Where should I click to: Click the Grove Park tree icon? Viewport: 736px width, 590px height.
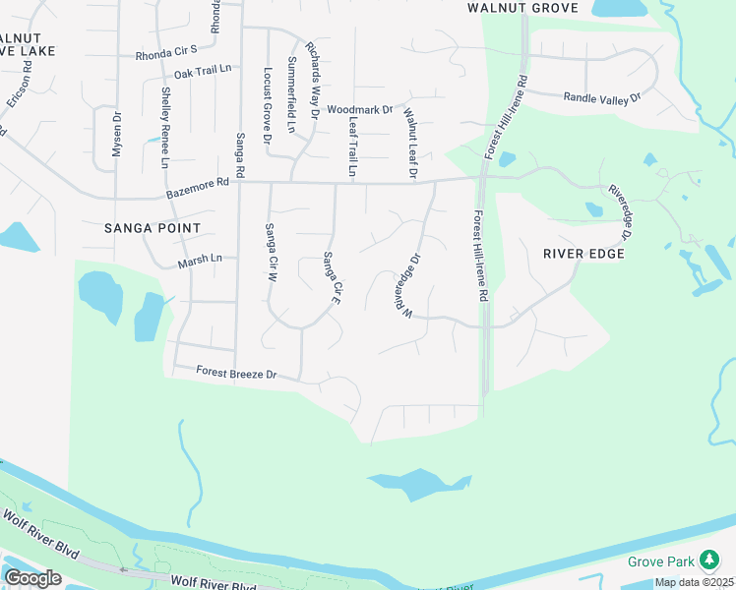708,561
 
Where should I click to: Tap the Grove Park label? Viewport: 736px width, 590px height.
661,562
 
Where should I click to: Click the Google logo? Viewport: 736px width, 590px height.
33,578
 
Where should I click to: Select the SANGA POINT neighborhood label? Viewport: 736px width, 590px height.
153,228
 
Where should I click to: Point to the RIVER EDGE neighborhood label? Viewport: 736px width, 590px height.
583,253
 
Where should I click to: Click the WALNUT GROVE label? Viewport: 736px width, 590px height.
522,8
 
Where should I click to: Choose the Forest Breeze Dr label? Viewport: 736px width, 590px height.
236,374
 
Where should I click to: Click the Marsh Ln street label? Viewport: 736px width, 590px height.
201,262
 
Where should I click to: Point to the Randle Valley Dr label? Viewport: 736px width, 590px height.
601,96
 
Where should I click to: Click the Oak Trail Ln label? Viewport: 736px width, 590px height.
202,73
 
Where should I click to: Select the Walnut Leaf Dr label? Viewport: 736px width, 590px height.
410,144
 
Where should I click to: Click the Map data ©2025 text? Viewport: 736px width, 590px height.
691,582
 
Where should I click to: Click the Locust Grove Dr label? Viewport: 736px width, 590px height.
267,106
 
